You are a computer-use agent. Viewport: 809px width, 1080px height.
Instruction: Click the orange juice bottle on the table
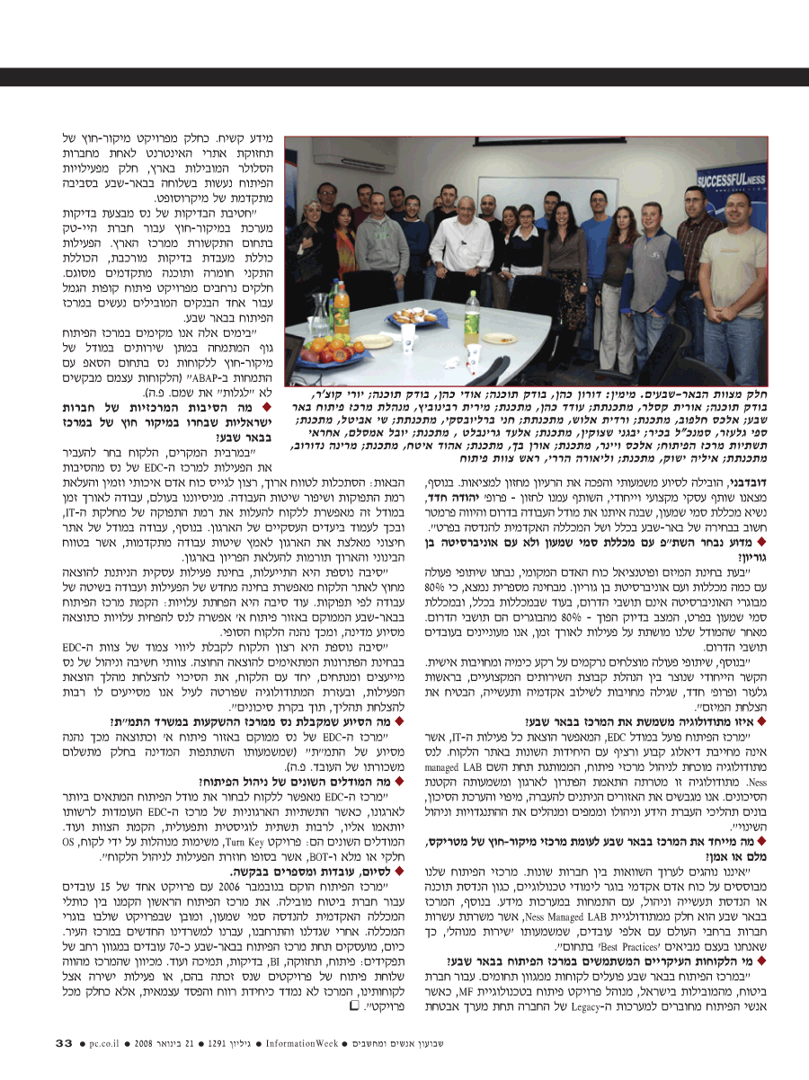(342, 311)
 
